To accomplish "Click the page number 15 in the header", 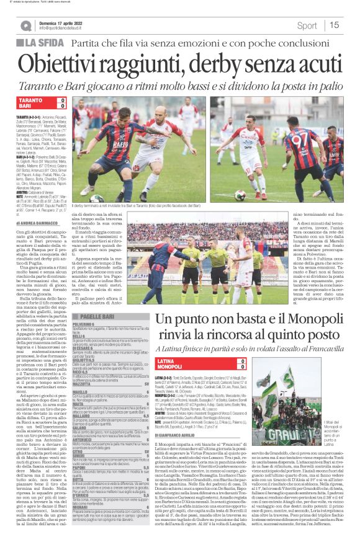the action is coord(335,25).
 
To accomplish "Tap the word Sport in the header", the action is coord(307,25).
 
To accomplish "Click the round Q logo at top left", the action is coord(25,26).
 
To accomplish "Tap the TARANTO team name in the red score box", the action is coord(31,100).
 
